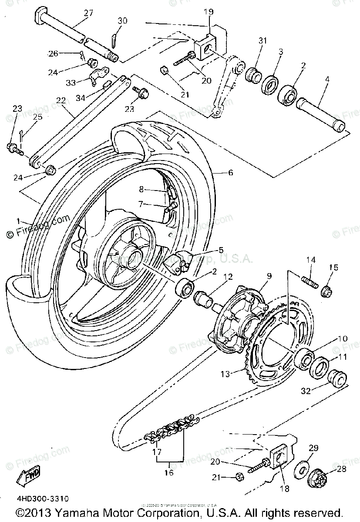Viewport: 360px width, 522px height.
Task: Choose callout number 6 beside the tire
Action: pos(230,173)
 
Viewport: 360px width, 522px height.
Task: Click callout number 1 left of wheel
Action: pos(19,221)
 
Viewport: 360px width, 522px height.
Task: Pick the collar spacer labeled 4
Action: pos(321,115)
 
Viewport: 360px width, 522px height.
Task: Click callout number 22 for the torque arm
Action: pos(61,100)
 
